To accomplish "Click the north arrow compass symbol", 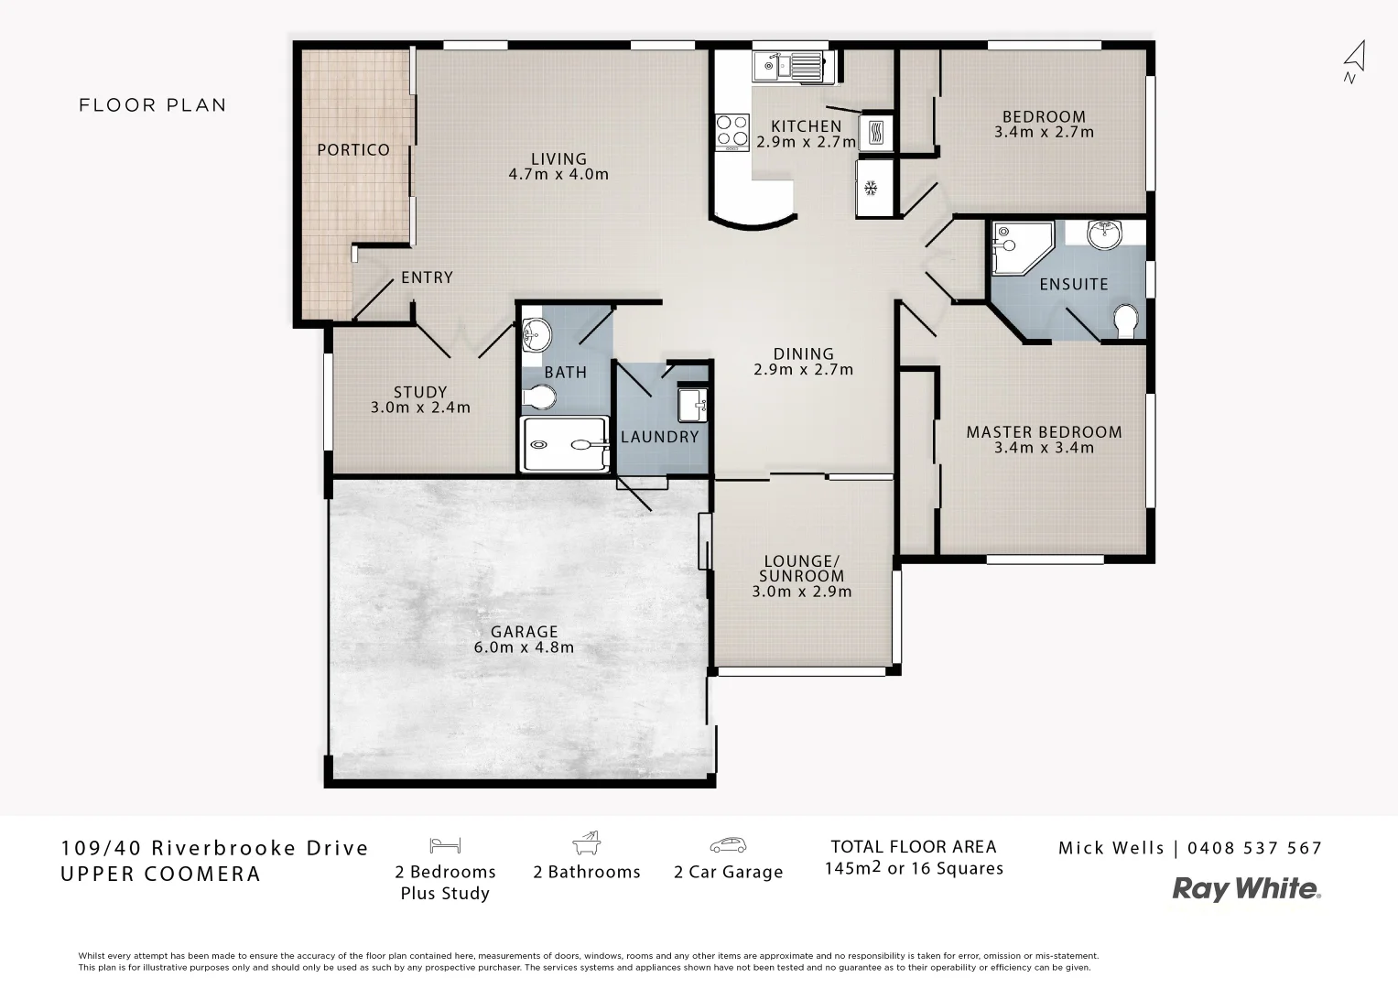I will (1354, 60).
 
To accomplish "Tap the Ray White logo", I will (1247, 888).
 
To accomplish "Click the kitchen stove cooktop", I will (731, 130).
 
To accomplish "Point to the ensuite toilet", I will (1125, 321).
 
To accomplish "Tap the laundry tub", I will (691, 404).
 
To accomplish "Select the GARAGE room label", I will (524, 632).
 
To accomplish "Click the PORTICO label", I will (353, 149).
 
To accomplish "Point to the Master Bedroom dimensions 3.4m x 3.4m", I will (1044, 448).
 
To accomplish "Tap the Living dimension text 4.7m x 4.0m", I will (558, 174).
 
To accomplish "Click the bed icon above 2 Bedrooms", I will (446, 844).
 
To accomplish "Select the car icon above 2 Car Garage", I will (728, 844).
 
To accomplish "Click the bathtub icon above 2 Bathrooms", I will (586, 842).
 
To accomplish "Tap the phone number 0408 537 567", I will (1254, 848).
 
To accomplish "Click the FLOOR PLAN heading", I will (153, 105).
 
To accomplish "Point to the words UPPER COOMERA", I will (161, 874).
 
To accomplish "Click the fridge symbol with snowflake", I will (872, 188).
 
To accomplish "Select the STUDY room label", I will (420, 392).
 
